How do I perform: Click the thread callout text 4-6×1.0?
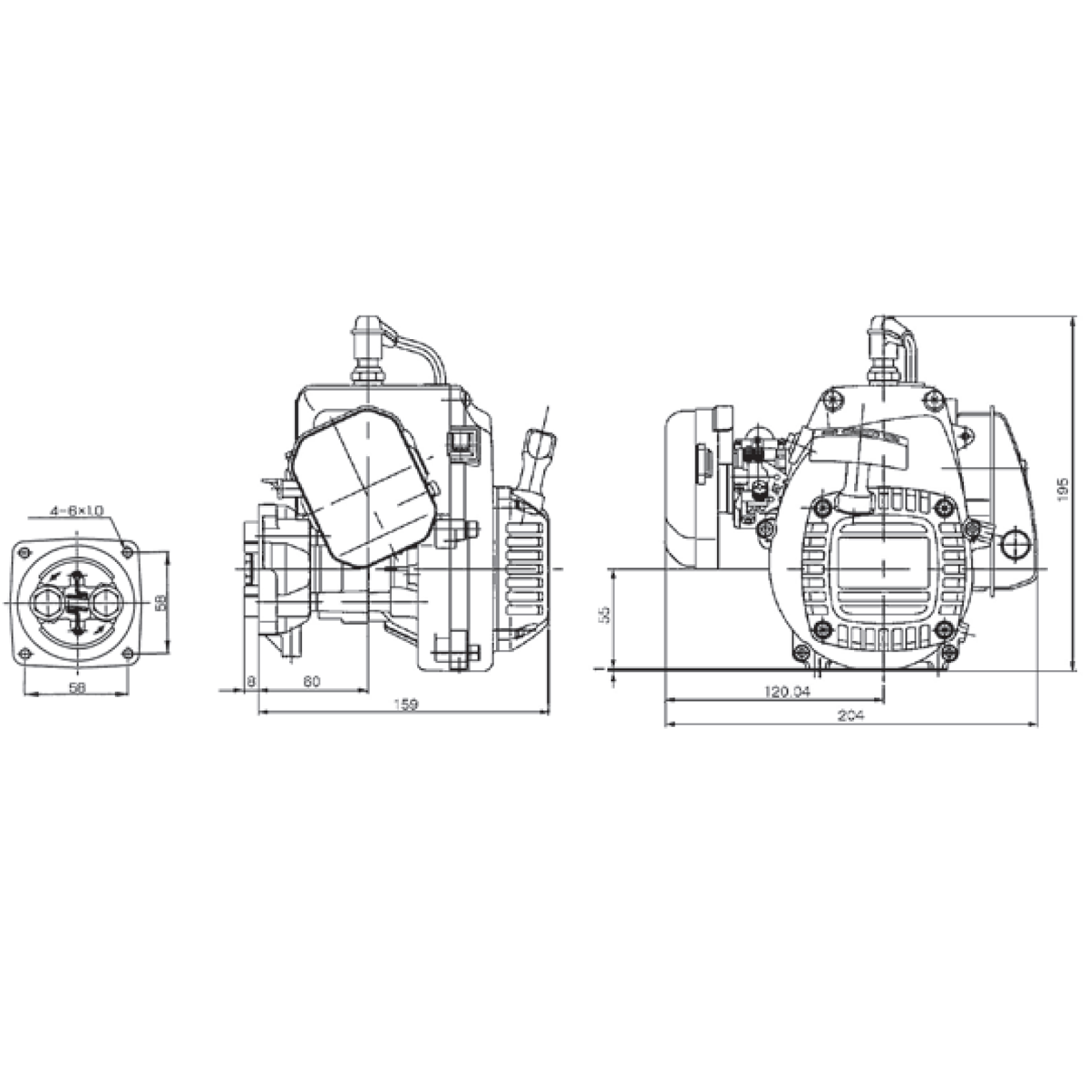click(78, 511)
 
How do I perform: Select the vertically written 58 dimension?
click(160, 602)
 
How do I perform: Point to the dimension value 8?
click(250, 682)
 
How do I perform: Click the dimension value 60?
click(311, 682)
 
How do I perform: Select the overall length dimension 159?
click(406, 705)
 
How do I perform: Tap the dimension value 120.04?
click(786, 692)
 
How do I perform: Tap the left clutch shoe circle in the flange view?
click(45, 601)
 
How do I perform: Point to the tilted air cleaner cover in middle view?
click(363, 485)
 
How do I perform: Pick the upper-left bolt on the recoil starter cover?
click(821, 505)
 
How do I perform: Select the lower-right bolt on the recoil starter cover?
click(946, 628)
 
